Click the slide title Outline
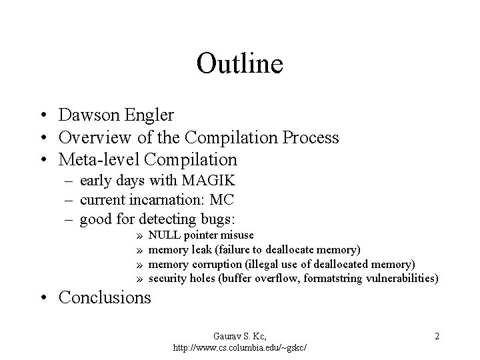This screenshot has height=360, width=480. (240, 63)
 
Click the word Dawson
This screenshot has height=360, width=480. (87, 115)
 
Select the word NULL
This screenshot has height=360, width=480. (162, 235)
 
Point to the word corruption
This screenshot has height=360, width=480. (214, 264)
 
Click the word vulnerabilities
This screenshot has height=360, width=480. (400, 278)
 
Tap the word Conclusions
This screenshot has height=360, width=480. (105, 297)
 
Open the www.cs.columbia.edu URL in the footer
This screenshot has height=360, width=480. (244, 348)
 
